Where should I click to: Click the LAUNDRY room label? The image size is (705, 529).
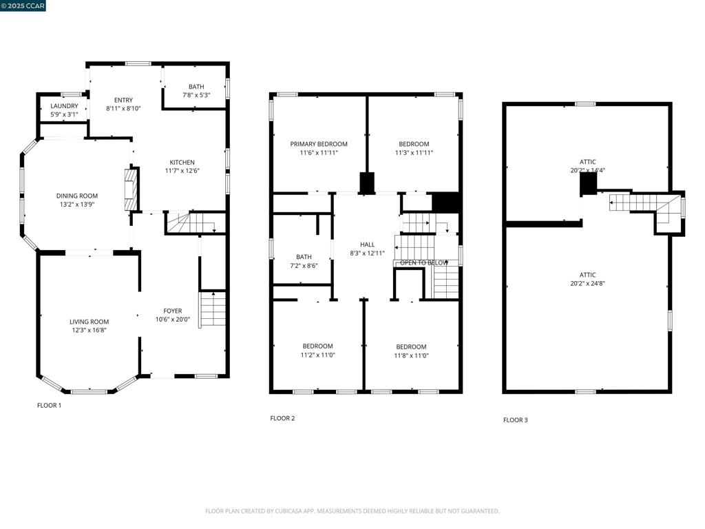(64, 106)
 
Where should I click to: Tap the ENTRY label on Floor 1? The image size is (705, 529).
(123, 101)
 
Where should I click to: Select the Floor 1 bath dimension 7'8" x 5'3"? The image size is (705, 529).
(196, 95)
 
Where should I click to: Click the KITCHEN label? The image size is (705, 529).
(182, 163)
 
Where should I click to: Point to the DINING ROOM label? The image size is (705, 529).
(77, 196)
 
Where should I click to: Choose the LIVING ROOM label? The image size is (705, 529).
(89, 322)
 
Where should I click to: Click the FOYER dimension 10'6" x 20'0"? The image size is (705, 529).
(173, 319)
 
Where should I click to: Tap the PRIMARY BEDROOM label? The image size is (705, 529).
(319, 144)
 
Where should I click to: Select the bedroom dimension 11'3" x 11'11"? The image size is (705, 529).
(414, 153)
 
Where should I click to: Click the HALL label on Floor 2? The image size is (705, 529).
(367, 245)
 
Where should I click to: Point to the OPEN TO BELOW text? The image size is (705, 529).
(424, 262)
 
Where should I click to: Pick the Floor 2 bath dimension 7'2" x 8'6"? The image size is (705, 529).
(304, 265)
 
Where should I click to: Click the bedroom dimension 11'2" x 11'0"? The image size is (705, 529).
(317, 355)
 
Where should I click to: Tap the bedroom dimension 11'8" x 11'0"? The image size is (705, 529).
(411, 355)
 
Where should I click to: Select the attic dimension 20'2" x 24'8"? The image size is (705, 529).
(587, 283)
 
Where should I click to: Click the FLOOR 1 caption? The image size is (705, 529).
(49, 406)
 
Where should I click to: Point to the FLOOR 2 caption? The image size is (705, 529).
(282, 418)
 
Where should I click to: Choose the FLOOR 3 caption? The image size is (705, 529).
(516, 419)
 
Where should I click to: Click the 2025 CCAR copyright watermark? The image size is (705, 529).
(23, 6)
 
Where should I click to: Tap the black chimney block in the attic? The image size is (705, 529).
(588, 185)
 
